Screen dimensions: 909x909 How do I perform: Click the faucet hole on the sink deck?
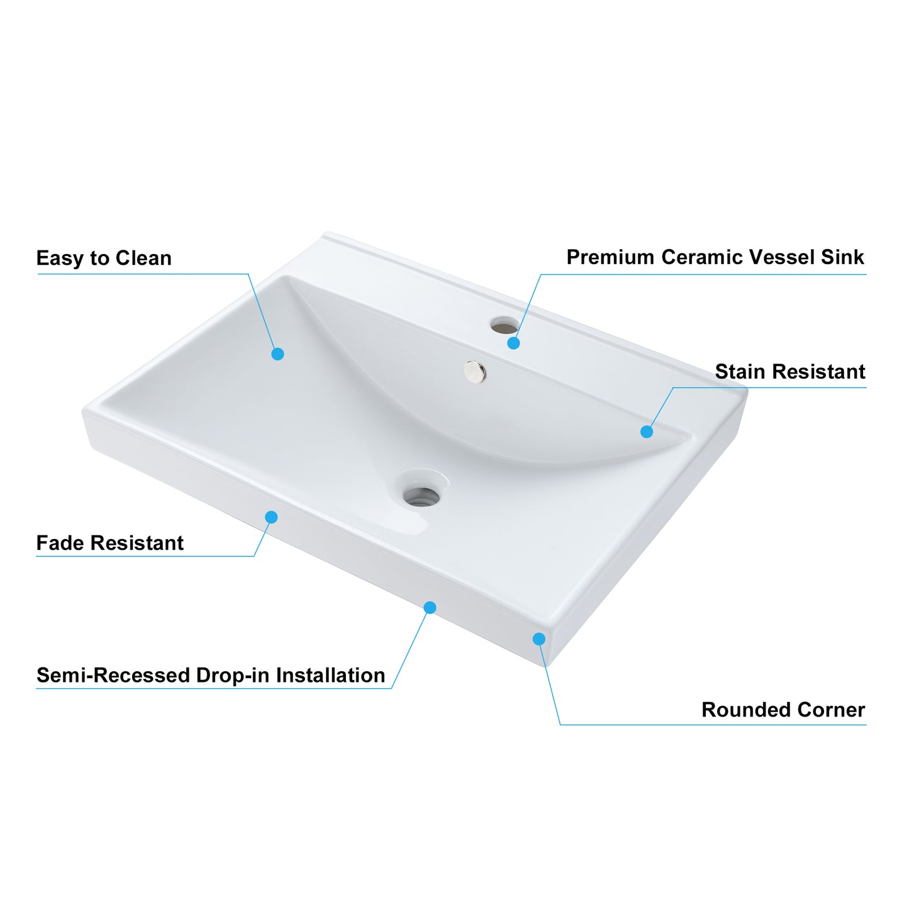click(x=504, y=325)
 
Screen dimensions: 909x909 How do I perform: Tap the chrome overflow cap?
click(x=474, y=371)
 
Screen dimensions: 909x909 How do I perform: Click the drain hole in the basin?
click(x=421, y=496)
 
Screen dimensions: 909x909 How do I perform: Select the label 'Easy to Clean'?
click(x=104, y=258)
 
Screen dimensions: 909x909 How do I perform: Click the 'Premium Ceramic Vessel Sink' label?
click(x=715, y=257)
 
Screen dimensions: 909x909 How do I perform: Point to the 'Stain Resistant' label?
click(x=790, y=371)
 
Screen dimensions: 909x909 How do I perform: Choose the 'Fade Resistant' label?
click(x=110, y=543)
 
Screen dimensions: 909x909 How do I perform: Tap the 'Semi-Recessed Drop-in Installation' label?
click(x=211, y=675)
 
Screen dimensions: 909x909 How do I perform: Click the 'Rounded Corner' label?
click(x=783, y=710)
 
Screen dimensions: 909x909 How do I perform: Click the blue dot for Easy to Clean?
click(x=278, y=354)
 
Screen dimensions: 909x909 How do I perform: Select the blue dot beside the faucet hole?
click(x=514, y=343)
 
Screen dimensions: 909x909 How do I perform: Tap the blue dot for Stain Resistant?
click(x=647, y=432)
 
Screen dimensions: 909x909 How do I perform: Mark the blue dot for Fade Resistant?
click(x=271, y=518)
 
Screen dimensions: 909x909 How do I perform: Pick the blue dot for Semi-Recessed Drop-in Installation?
click(x=430, y=608)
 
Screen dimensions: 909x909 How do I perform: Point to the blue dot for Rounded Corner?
click(x=539, y=639)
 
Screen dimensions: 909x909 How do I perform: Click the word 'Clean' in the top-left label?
click(x=143, y=258)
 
